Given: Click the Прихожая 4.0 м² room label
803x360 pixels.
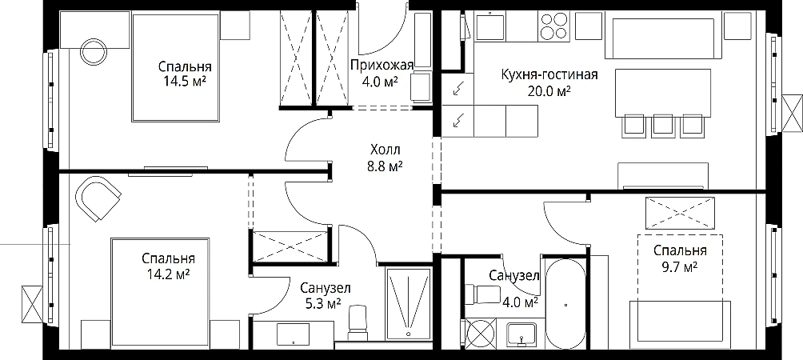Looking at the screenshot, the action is click(x=381, y=73).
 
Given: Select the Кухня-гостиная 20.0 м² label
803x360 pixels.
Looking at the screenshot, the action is click(x=549, y=82).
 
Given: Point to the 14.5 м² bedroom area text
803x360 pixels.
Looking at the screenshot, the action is click(x=185, y=81).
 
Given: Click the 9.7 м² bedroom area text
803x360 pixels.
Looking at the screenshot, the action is click(x=680, y=266).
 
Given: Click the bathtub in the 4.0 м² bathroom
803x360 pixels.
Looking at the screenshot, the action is click(x=565, y=304).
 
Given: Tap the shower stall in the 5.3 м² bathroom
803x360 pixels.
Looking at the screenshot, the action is click(x=408, y=303).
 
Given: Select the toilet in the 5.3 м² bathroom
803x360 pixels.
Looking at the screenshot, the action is click(x=358, y=322).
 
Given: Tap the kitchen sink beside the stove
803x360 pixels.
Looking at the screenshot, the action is click(x=490, y=27).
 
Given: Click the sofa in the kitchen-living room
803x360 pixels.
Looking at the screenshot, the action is click(x=660, y=39).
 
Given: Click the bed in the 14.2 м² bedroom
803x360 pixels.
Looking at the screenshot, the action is click(x=160, y=293).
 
